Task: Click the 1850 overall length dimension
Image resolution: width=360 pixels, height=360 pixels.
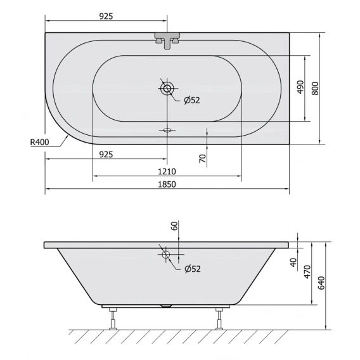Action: (167, 184)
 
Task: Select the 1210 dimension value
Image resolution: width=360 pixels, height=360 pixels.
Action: (167, 172)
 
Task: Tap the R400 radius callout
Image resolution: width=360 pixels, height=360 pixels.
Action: (40, 142)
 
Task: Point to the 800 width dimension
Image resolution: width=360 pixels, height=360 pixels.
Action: (316, 88)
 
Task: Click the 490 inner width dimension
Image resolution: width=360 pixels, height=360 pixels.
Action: (300, 87)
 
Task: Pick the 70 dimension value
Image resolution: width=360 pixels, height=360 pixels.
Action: (203, 158)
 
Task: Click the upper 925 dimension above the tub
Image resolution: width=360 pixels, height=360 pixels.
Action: (106, 16)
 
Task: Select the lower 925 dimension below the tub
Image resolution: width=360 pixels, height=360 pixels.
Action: (106, 155)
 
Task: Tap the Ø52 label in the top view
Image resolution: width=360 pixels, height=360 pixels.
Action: (192, 100)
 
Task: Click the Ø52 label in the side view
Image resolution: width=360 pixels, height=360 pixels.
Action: (193, 269)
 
